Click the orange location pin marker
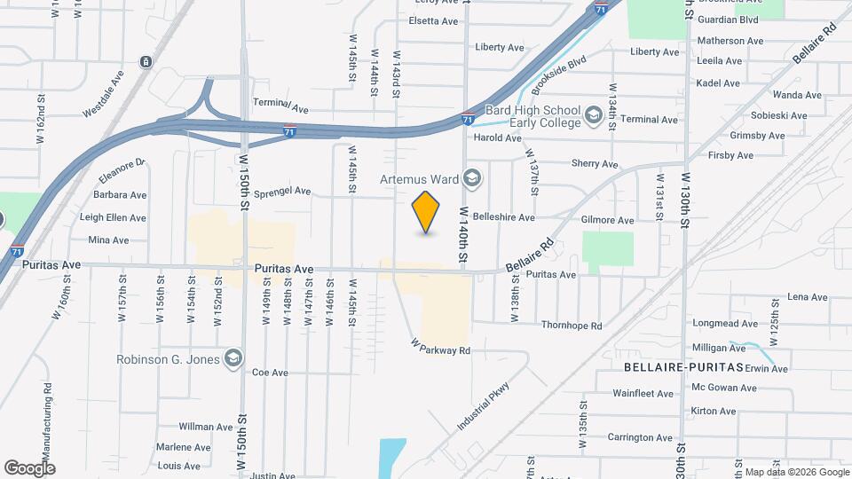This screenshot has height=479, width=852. [426, 211]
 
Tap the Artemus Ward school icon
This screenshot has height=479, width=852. [472, 178]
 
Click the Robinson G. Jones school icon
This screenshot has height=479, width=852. [233, 358]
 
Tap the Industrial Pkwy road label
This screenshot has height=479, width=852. [486, 405]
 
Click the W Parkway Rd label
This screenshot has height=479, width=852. [439, 346]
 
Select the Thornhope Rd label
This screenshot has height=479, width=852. [572, 326]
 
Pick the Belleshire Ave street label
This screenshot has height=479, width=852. [504, 217]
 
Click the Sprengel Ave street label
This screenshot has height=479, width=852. [282, 191]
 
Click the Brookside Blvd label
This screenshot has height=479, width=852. [559, 75]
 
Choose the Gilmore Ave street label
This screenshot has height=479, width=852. [607, 220]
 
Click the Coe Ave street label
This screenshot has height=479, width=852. [270, 373]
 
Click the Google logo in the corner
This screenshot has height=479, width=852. [29, 467]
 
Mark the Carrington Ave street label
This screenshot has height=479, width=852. [640, 437]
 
